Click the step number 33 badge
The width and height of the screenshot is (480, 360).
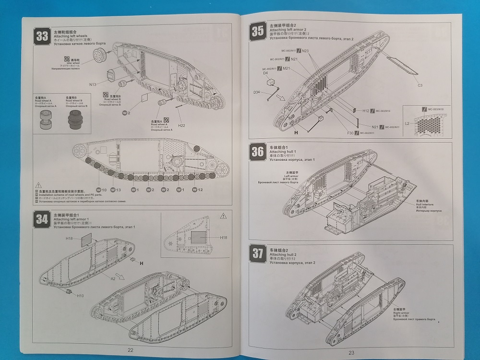click(42, 36)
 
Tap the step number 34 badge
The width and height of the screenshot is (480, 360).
click(42, 219)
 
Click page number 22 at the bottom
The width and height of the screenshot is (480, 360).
click(130, 349)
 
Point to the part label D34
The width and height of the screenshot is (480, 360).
click(257, 92)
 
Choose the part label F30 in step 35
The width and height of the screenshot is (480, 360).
click(349, 132)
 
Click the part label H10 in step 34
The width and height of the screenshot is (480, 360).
click(80, 296)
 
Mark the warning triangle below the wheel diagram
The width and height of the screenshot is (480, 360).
click(38, 185)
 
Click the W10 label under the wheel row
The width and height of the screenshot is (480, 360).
click(102, 190)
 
